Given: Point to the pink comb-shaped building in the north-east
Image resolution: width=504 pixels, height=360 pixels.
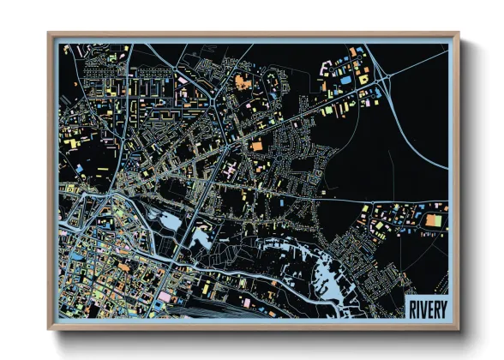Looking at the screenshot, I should tap(327, 64).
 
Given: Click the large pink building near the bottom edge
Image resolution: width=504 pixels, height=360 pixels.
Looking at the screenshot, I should tap(164, 297).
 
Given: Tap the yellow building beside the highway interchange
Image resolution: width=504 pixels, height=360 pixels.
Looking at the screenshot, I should tap(363, 79).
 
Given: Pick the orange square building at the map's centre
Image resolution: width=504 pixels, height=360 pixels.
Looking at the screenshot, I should tap(256, 147).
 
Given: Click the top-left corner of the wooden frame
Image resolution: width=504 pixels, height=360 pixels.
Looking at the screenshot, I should tap(50, 34).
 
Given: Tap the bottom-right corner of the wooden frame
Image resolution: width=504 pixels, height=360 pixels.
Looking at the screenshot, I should tap(459, 328).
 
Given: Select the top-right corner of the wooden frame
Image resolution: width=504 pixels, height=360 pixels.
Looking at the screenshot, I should tap(459, 34).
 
